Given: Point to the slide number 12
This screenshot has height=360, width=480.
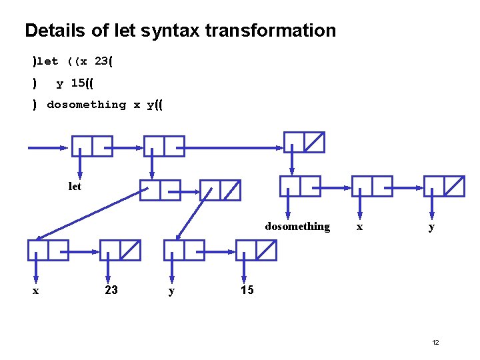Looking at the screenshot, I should pos(435,342).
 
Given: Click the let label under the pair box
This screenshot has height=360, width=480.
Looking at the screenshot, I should pos(75,187).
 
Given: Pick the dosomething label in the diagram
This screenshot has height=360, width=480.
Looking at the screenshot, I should pos(297,227).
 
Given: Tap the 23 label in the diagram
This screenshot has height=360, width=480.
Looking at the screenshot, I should pos(111,290).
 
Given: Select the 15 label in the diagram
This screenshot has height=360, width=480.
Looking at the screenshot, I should pos(247,290).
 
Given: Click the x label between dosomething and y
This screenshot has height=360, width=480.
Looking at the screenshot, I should pos(360,227).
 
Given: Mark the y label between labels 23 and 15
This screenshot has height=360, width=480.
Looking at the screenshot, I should pos(171,291).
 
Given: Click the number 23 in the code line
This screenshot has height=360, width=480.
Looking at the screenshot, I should pos(102,61).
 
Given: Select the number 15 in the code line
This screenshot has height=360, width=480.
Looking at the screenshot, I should pos(78,83).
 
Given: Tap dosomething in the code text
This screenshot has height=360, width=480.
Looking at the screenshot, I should pos(86,105).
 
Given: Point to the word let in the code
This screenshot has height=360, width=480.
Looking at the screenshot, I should pos(48,61).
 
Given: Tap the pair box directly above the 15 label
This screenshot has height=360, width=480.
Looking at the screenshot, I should pos(256,250).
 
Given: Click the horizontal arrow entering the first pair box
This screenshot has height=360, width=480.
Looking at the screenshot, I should pos(48,147).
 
